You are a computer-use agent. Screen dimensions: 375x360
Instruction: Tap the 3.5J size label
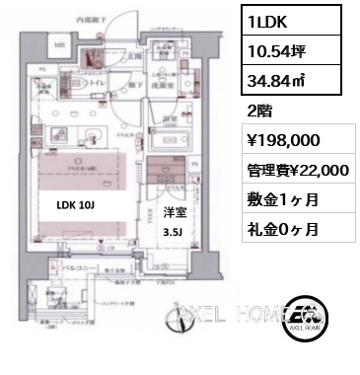(172, 233)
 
